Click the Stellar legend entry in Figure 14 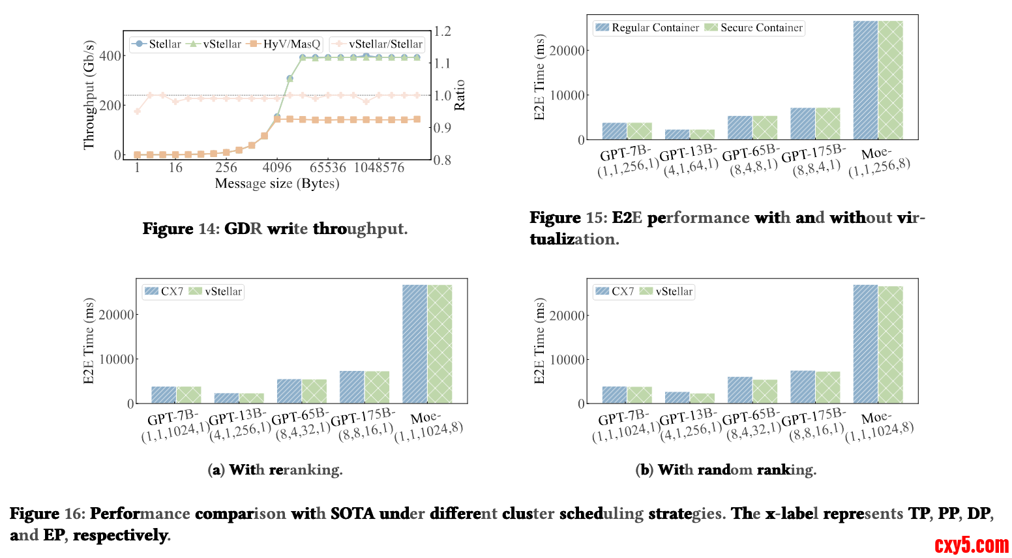pyautogui.click(x=156, y=44)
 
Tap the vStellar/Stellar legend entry pyautogui.click(x=378, y=44)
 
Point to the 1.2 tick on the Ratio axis pyautogui.click(x=443, y=31)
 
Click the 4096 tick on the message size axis pyautogui.click(x=277, y=168)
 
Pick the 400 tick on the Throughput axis pyautogui.click(x=110, y=56)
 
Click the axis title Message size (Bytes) pyautogui.click(x=277, y=184)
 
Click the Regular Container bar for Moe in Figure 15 pyautogui.click(x=865, y=80)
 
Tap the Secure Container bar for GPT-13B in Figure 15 pyautogui.click(x=702, y=134)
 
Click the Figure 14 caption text pyautogui.click(x=275, y=229)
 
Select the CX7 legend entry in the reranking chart pyautogui.click(x=164, y=291)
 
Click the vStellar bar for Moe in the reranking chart pyautogui.click(x=439, y=344)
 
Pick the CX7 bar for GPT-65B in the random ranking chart pyautogui.click(x=740, y=390)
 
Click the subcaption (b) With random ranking pyautogui.click(x=726, y=470)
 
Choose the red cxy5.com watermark pyautogui.click(x=971, y=544)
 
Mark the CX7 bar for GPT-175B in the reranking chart pyautogui.click(x=352, y=387)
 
